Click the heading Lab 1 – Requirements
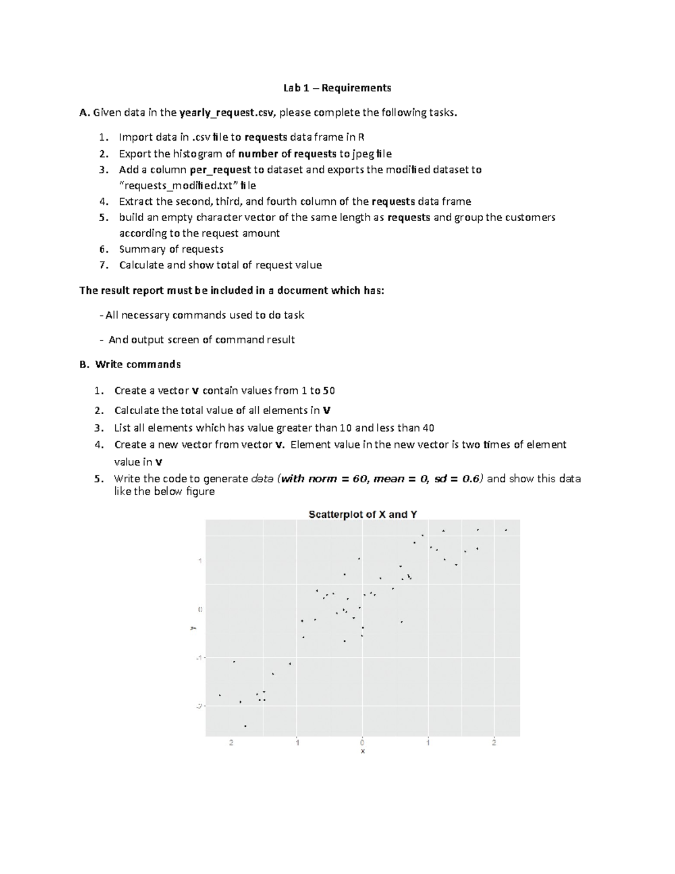click(337, 88)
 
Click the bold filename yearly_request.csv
click(227, 113)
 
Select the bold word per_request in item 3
click(220, 169)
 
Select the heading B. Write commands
click(130, 364)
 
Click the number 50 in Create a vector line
click(329, 391)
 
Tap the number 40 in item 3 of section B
click(428, 428)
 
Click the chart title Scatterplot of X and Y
click(363, 514)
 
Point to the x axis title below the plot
click(363, 751)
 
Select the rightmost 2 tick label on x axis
click(494, 742)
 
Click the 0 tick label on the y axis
click(199, 609)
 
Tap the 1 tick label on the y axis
click(199, 561)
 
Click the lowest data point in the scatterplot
click(245, 726)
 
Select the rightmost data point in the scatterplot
click(506, 530)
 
